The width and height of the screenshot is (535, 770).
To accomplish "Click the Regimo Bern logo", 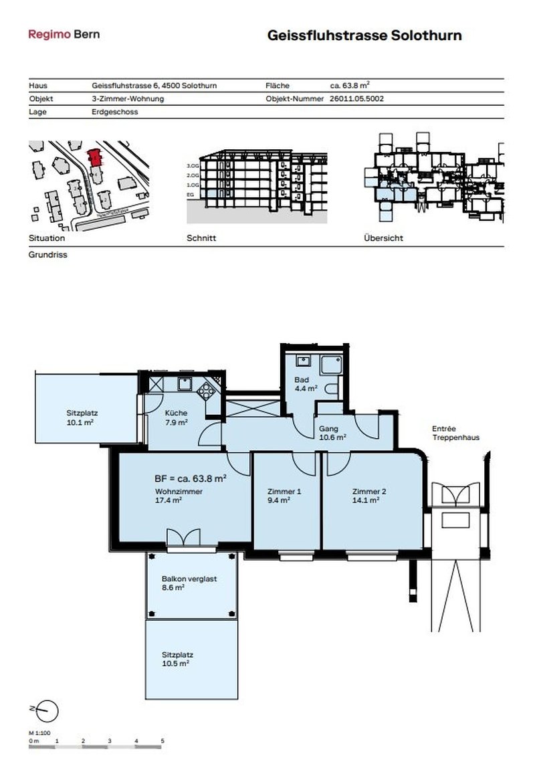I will tap(64, 34).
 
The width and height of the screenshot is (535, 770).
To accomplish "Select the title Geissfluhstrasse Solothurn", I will tap(364, 35).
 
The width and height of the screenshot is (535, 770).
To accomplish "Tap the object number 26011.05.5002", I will tap(356, 98).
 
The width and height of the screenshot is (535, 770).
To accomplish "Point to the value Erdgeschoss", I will tap(114, 112).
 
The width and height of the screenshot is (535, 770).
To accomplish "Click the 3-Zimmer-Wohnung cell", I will tap(127, 98).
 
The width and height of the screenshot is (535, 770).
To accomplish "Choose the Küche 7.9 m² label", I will tap(176, 417).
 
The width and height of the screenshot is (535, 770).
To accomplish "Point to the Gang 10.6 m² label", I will tap(332, 433).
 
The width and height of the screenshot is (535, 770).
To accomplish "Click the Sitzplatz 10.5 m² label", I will tap(177, 659).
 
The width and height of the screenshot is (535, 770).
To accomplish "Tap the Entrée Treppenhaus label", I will tap(455, 434).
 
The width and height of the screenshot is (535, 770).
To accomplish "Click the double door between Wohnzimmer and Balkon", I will tap(183, 537).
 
